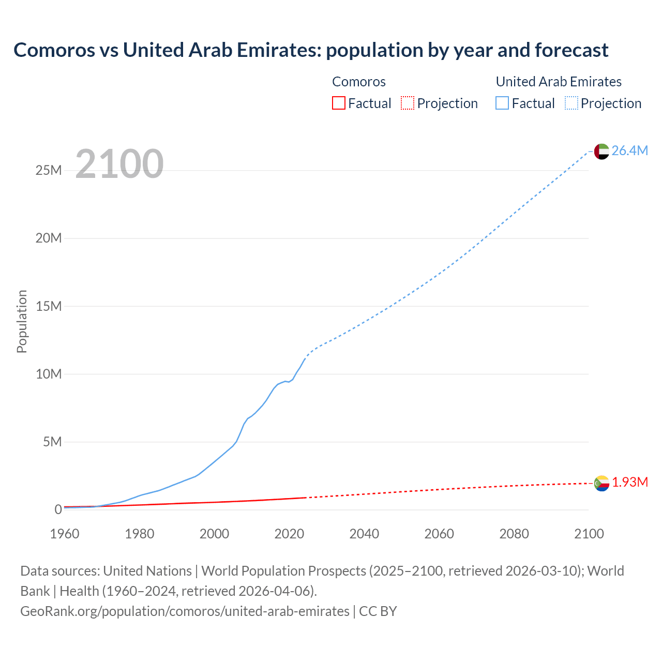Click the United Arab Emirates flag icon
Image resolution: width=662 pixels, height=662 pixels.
[x=601, y=151]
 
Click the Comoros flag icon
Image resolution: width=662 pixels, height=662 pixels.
[x=601, y=483]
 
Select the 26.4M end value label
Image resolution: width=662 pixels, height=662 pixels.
[x=629, y=151]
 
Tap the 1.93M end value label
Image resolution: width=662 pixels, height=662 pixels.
[x=630, y=482]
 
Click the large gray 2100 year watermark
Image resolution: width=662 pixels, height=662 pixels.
[x=119, y=164]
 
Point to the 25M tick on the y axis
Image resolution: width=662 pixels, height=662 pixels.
[x=49, y=171]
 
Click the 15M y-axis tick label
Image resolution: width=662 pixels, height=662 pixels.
[x=49, y=306]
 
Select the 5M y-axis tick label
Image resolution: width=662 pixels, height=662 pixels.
[x=52, y=442]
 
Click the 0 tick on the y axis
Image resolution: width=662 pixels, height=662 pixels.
[x=58, y=509]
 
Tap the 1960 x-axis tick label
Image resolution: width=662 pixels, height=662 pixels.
[x=65, y=534]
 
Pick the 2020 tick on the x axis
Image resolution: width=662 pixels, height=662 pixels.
[x=289, y=534]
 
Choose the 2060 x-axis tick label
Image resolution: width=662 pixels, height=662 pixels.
[x=439, y=534]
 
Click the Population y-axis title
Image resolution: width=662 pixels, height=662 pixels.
[x=22, y=321]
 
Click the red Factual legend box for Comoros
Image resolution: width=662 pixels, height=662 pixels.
[x=338, y=103]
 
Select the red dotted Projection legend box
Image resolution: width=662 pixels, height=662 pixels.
[x=408, y=103]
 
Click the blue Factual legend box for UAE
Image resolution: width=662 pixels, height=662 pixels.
[x=502, y=103]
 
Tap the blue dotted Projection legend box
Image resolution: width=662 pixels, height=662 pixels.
[x=571, y=103]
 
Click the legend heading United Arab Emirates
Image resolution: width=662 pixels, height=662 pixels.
[x=559, y=82]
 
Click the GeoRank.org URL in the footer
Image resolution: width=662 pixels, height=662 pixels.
[x=185, y=611]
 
